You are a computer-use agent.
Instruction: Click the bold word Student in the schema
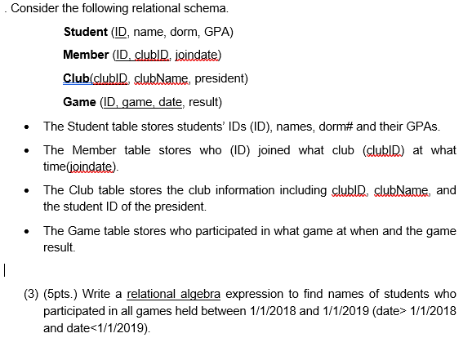coord(85,33)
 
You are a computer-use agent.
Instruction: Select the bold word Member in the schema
coord(85,56)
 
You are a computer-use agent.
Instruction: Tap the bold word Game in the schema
coord(78,102)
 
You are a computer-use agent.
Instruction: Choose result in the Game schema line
coord(200,102)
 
